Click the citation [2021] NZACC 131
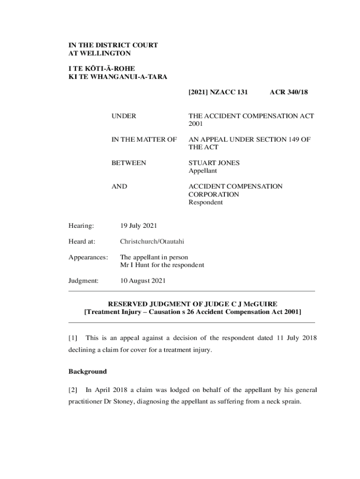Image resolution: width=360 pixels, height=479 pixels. (218, 93)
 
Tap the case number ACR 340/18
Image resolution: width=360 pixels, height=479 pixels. (288, 93)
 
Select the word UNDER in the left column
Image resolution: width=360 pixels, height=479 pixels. (123, 116)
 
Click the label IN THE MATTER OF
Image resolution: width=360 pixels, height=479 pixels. (144, 139)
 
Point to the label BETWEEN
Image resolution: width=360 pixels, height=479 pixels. (129, 163)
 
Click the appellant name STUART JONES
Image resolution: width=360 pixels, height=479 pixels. (214, 163)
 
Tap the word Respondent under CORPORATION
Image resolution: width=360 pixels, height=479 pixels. (205, 203)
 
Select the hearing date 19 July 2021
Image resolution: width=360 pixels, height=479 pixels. (138, 226)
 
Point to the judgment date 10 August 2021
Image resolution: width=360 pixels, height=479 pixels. (143, 281)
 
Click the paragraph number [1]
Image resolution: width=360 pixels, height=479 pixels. (73, 338)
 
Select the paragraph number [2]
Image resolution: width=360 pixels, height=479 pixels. (73, 389)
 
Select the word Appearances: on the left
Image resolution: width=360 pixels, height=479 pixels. (88, 257)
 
